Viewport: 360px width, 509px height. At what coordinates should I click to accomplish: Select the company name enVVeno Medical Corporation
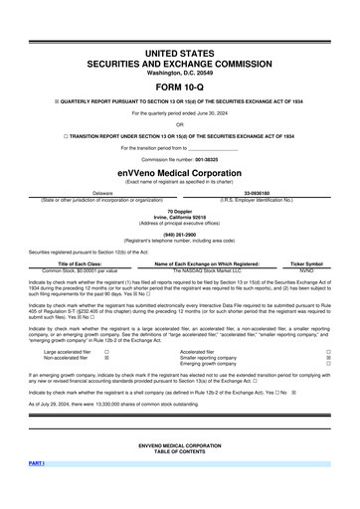(180, 172)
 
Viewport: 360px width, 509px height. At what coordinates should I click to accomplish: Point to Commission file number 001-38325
(180, 159)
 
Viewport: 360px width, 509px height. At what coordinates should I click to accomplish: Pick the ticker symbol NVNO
(307, 269)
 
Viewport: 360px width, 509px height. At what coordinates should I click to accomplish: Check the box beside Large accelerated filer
(106, 351)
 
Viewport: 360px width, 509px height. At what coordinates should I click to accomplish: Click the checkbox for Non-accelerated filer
(106, 357)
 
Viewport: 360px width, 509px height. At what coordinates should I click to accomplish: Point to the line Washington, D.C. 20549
(180, 71)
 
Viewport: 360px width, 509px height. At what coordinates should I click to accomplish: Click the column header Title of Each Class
(79, 262)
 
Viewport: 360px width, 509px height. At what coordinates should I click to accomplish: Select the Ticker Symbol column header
(307, 262)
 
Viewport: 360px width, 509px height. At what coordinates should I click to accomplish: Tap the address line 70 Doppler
(180, 212)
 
